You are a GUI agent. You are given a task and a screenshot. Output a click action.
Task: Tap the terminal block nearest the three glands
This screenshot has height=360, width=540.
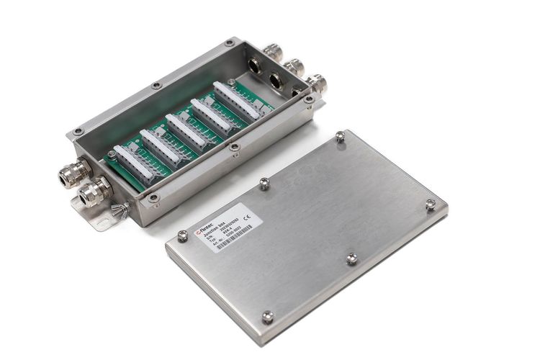(238, 100)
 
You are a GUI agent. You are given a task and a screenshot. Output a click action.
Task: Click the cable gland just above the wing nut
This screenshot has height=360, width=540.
(94, 191)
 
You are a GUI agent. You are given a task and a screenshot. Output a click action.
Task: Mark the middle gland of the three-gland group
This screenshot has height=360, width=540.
(293, 68)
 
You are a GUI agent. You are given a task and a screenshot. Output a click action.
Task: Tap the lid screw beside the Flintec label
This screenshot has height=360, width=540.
(183, 234)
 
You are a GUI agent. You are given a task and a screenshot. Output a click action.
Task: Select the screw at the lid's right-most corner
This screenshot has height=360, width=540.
(431, 204)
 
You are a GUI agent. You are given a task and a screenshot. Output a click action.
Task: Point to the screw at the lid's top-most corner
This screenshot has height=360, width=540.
(340, 135)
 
